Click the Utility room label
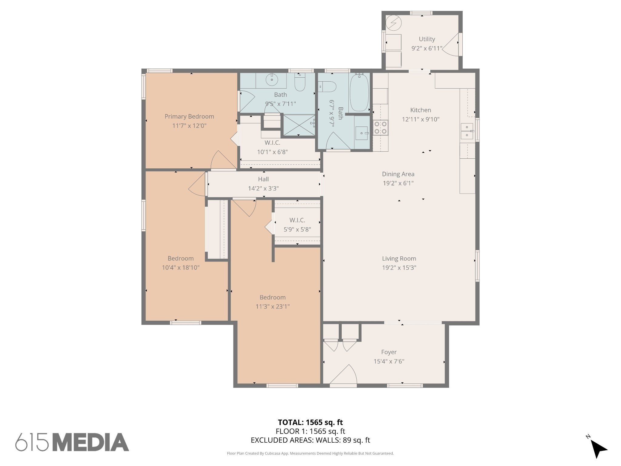pos(427,39)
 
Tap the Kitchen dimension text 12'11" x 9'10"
pos(421,119)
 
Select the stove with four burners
pos(381,127)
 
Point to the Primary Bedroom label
pos(189,116)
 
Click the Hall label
pos(263,179)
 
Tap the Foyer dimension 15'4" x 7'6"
pos(389,361)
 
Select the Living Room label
pos(399,258)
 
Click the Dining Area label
pos(398,174)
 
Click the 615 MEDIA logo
pos(72,442)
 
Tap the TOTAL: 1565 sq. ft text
pos(310,422)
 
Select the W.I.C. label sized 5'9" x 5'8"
pos(297,220)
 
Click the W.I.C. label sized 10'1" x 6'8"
pos(272,143)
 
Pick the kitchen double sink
pos(467,131)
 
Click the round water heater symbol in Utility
pos(394,23)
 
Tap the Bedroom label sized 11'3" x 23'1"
pos(273,297)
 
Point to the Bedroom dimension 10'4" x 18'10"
pos(181,268)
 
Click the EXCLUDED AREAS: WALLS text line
pos(310,440)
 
